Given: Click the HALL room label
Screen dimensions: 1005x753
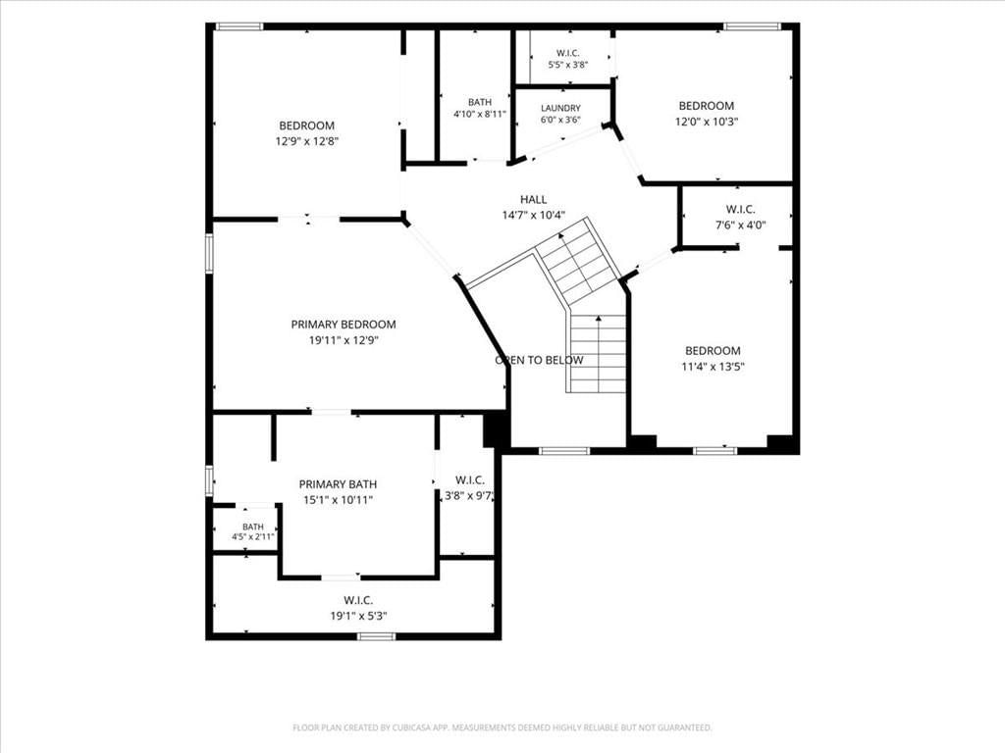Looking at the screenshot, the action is click(x=533, y=200).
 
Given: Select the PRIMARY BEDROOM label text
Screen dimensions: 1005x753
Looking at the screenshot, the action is click(x=344, y=325).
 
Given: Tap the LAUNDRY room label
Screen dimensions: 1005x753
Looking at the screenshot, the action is click(x=560, y=108).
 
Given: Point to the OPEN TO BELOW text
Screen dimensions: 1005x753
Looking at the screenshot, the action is click(x=539, y=360).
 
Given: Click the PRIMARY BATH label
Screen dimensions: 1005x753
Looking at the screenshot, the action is click(x=338, y=484).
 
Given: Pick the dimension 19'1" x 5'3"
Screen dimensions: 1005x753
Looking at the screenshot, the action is click(x=358, y=616).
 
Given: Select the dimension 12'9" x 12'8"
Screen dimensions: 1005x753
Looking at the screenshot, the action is click(x=307, y=141).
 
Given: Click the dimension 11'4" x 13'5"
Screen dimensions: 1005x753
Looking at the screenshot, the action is click(x=713, y=367).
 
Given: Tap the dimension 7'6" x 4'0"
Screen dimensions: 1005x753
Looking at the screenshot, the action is click(x=741, y=225).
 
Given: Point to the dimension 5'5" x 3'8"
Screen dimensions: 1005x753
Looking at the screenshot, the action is click(x=568, y=64).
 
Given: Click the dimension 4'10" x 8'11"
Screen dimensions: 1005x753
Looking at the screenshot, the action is click(x=480, y=114).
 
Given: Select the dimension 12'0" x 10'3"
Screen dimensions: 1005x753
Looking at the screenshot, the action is click(x=707, y=122).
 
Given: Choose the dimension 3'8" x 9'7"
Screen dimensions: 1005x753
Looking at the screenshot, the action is click(x=470, y=495).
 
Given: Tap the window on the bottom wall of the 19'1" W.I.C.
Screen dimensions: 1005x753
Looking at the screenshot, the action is click(x=376, y=635).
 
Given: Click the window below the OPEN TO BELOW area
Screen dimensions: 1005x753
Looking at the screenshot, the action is click(x=564, y=451).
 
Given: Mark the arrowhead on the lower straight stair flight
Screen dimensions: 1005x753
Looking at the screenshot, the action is click(x=599, y=319).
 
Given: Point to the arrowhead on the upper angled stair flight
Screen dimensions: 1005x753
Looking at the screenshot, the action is click(x=561, y=235).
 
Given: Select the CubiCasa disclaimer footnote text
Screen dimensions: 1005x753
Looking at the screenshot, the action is click(x=502, y=728).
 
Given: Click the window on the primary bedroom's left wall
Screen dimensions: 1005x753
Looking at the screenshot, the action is click(x=209, y=254).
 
